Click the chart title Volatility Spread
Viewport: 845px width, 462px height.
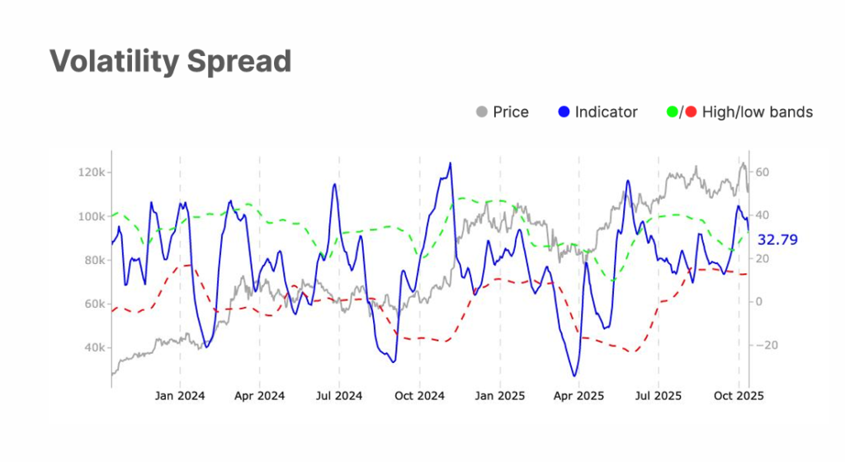170,62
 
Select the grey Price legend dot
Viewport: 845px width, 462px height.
482,112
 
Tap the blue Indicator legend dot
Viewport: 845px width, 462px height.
564,112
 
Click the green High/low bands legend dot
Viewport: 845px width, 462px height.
672,112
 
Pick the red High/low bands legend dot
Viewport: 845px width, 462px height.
691,112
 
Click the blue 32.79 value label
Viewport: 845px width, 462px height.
778,240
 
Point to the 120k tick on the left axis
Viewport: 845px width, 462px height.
90,172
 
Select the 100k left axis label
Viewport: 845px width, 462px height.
90,216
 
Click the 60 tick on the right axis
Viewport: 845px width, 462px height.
762,172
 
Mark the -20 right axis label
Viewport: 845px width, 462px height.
764,345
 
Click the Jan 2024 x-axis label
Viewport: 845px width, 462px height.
179,396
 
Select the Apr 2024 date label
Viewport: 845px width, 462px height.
259,396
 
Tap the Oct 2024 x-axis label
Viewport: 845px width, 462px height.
419,396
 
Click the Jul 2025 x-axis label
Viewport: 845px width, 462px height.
659,396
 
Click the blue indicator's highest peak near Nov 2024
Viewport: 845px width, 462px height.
450,163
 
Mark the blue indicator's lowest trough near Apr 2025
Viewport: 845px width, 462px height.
574,376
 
